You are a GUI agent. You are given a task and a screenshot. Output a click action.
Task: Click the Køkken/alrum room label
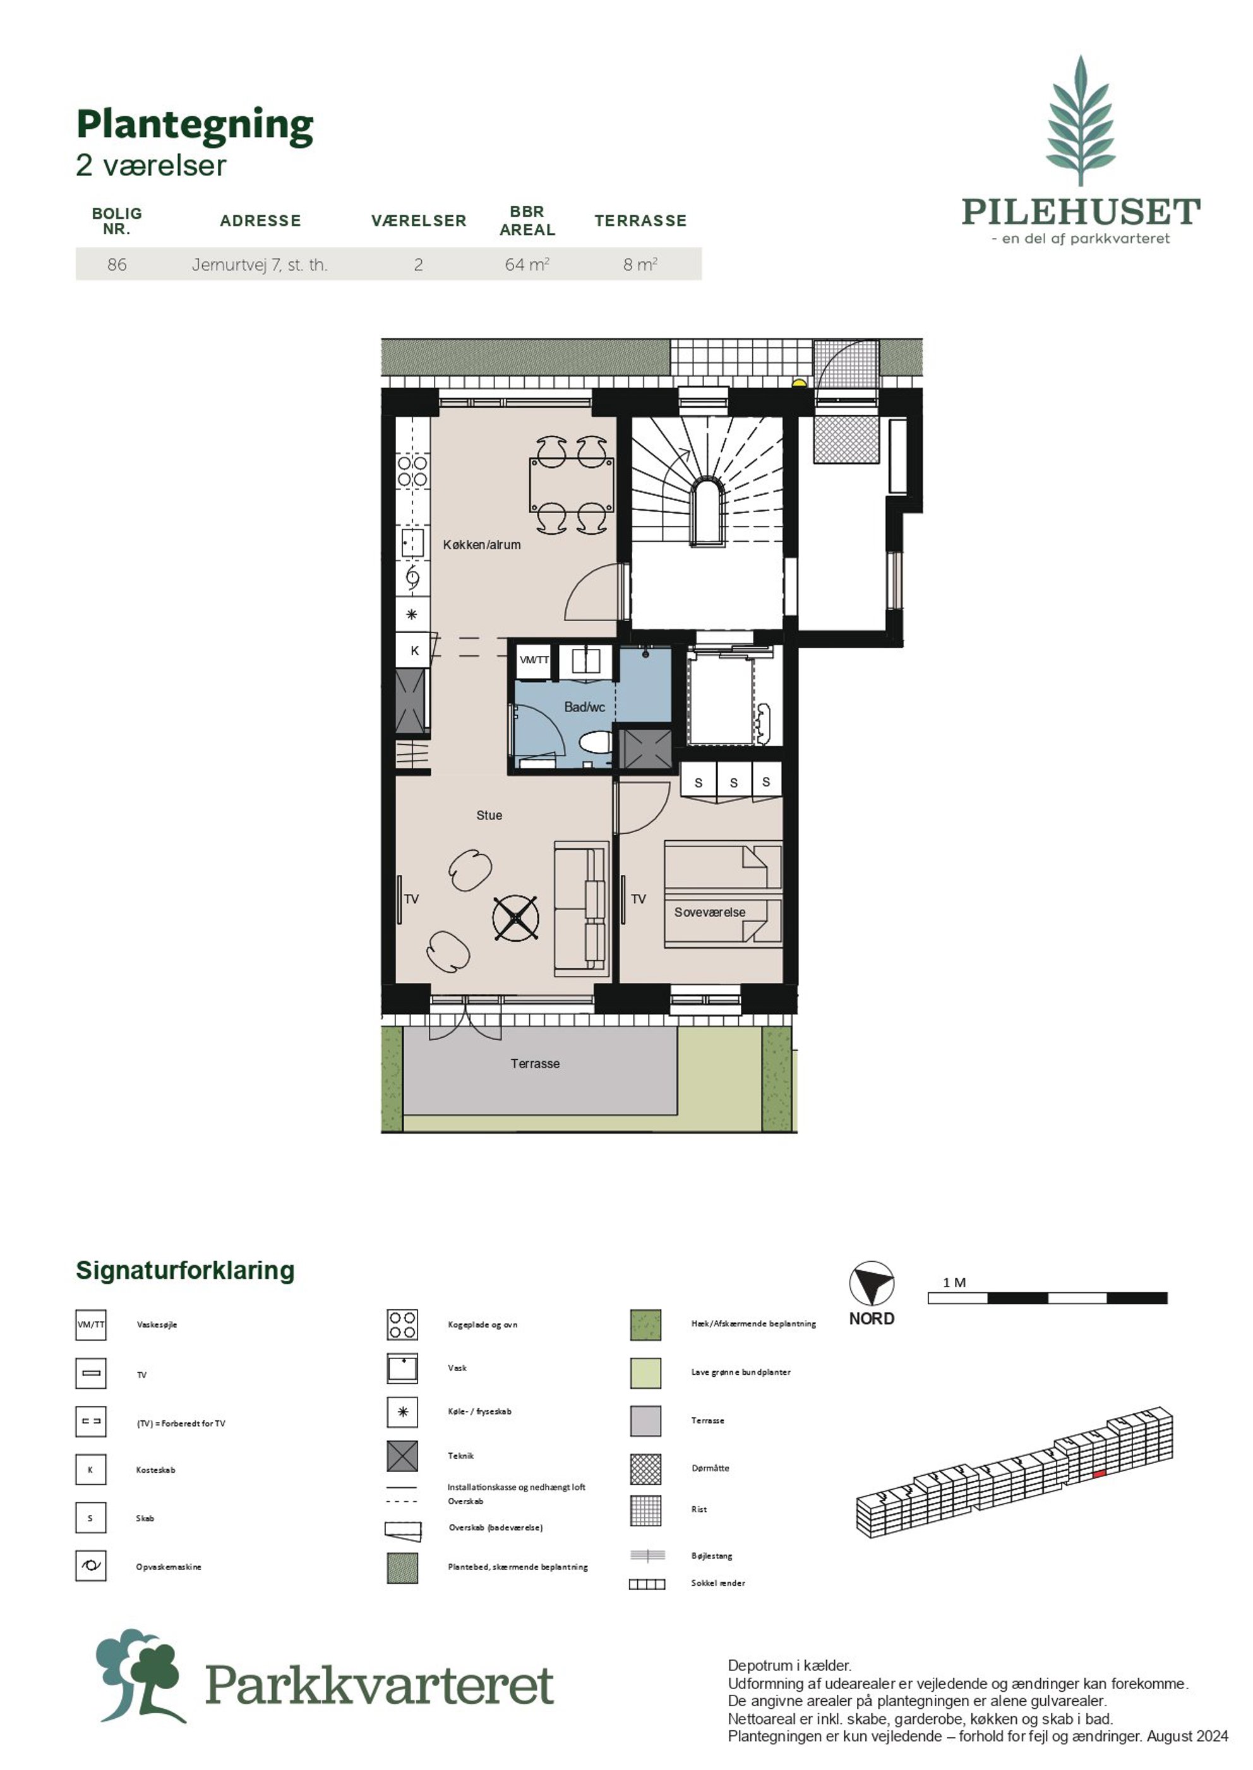[481, 545]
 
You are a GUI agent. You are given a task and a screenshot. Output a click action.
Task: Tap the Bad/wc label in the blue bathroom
[584, 706]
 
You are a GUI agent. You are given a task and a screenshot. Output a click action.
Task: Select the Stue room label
[489, 815]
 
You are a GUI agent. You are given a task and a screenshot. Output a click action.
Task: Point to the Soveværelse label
[710, 912]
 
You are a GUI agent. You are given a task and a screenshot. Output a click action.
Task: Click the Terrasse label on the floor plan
[535, 1064]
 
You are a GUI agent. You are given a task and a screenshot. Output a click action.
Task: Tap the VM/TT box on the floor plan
[534, 660]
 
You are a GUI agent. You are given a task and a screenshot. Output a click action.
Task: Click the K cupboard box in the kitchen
[414, 650]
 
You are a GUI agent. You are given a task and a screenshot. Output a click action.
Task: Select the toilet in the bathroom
[596, 744]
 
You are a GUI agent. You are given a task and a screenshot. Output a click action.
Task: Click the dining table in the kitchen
[572, 484]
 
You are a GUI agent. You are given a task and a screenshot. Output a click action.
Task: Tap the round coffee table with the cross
[515, 918]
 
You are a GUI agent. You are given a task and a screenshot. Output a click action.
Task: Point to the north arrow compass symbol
[871, 1283]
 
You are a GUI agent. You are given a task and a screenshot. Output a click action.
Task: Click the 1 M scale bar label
[954, 1283]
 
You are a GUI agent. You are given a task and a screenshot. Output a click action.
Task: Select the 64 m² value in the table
[527, 264]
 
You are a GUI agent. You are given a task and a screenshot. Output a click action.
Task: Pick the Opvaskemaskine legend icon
[90, 1566]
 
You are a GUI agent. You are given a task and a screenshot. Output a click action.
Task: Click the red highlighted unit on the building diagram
[1100, 1473]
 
